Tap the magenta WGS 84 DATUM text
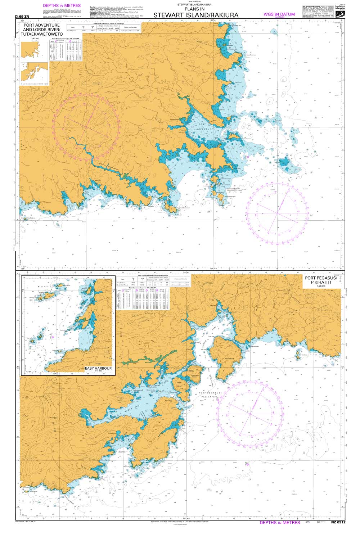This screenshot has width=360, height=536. point(279,14)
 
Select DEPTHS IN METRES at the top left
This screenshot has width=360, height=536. point(62,6)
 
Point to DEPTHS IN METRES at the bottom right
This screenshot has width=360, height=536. point(280,522)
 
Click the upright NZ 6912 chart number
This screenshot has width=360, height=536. point(335,522)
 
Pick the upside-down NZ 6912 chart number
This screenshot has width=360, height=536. point(25,17)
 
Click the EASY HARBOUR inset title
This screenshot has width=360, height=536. point(98,369)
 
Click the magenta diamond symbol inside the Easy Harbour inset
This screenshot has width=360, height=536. point(53,337)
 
